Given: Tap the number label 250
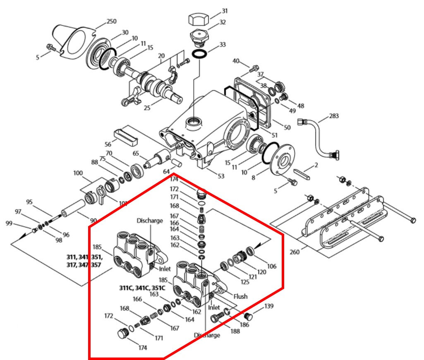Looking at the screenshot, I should click(x=112, y=21).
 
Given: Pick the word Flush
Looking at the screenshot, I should click(x=240, y=296).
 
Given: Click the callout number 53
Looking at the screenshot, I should click(x=221, y=176).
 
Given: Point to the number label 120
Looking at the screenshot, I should click(x=262, y=273).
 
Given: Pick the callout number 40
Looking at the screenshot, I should click(x=236, y=61).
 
